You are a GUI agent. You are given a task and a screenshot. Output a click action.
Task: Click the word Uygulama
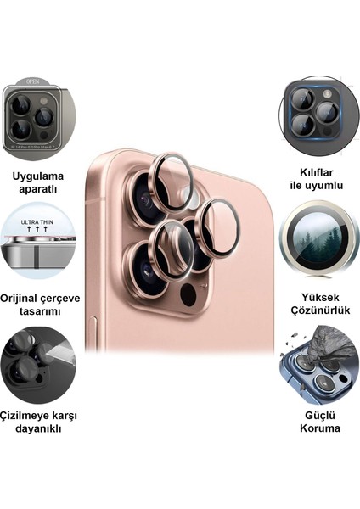(37, 176)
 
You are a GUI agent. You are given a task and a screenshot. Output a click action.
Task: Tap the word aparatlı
(37, 189)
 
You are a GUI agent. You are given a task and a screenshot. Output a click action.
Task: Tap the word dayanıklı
(38, 428)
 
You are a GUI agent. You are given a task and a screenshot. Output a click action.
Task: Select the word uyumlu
(329, 186)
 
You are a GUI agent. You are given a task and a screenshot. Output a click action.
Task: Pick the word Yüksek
(320, 298)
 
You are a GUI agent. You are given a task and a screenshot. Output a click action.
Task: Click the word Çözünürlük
(320, 311)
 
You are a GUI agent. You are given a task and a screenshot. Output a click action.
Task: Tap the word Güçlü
(320, 415)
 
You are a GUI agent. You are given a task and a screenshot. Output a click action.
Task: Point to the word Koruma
(320, 428)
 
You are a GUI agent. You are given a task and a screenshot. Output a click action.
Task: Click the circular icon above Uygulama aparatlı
(37, 119)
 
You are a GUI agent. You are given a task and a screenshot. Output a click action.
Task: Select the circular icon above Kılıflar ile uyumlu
(318, 115)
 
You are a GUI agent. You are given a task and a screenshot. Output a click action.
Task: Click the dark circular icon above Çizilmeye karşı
(37, 366)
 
